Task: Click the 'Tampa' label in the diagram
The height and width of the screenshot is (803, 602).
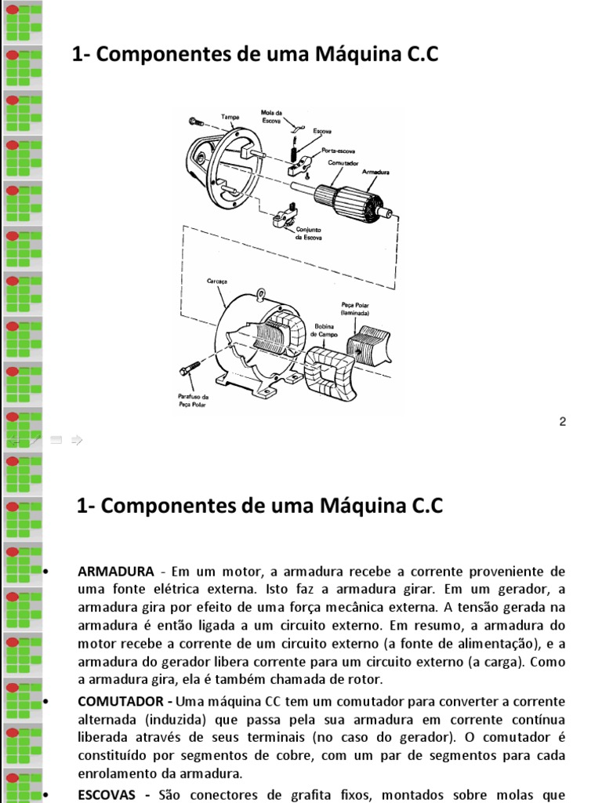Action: tap(230, 117)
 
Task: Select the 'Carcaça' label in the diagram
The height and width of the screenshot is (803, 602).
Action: tap(217, 280)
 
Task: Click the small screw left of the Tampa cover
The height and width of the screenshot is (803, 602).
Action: tap(196, 122)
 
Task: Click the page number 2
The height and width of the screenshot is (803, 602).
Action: tap(562, 422)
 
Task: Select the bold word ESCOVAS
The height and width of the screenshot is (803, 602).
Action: tap(109, 794)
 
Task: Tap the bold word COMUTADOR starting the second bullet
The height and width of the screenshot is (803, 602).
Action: tap(124, 700)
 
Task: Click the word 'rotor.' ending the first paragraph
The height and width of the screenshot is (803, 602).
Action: tap(364, 680)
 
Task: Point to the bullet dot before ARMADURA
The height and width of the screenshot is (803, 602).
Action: tap(49, 570)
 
